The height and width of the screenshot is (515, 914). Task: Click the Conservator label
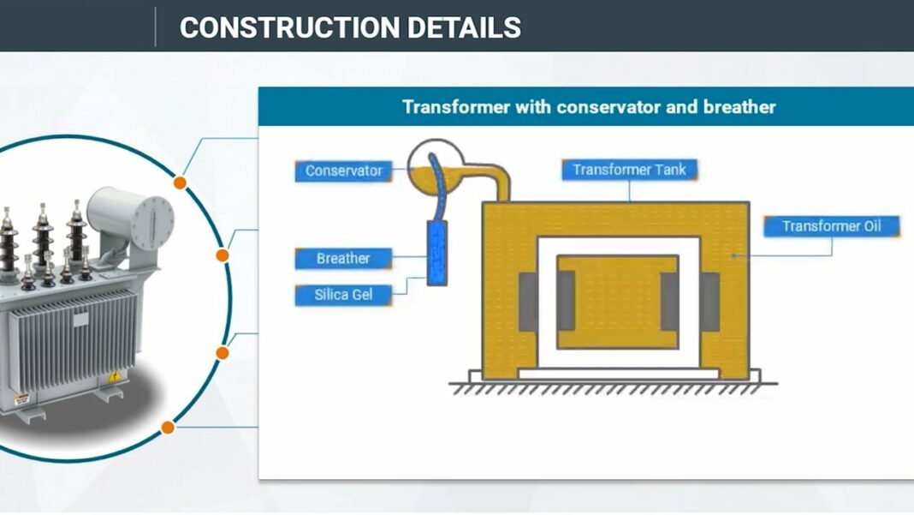coord(344,171)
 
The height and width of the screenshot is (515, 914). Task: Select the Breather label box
coord(343,258)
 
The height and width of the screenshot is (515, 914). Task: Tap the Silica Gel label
coord(343,295)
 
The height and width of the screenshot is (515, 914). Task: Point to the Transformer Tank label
coord(629,170)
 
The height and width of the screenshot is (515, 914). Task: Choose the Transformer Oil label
coord(832,226)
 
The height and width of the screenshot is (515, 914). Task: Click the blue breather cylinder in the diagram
coord(436,252)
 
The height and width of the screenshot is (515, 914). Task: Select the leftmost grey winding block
coord(528,301)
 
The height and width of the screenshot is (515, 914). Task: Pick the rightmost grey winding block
coord(710,301)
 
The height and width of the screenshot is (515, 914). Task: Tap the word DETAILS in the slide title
coord(465,27)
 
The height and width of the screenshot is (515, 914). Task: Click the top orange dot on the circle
coord(180,183)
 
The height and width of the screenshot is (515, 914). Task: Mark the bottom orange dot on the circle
coord(168,427)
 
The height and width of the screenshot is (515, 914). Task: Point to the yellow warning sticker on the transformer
coord(111,377)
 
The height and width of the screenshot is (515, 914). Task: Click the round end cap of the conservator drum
coord(153,220)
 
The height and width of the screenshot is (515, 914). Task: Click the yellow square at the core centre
coord(618,302)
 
